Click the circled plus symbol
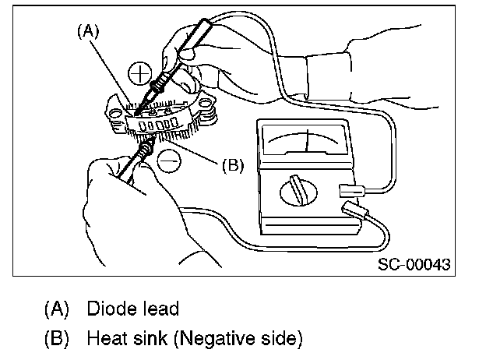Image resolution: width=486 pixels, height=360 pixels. pos(140,73)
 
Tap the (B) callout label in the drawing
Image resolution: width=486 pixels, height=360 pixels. pos(234,165)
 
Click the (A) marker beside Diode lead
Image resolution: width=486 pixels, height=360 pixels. pos(58,309)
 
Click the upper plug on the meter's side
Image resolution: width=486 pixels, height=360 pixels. pos(354,189)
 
